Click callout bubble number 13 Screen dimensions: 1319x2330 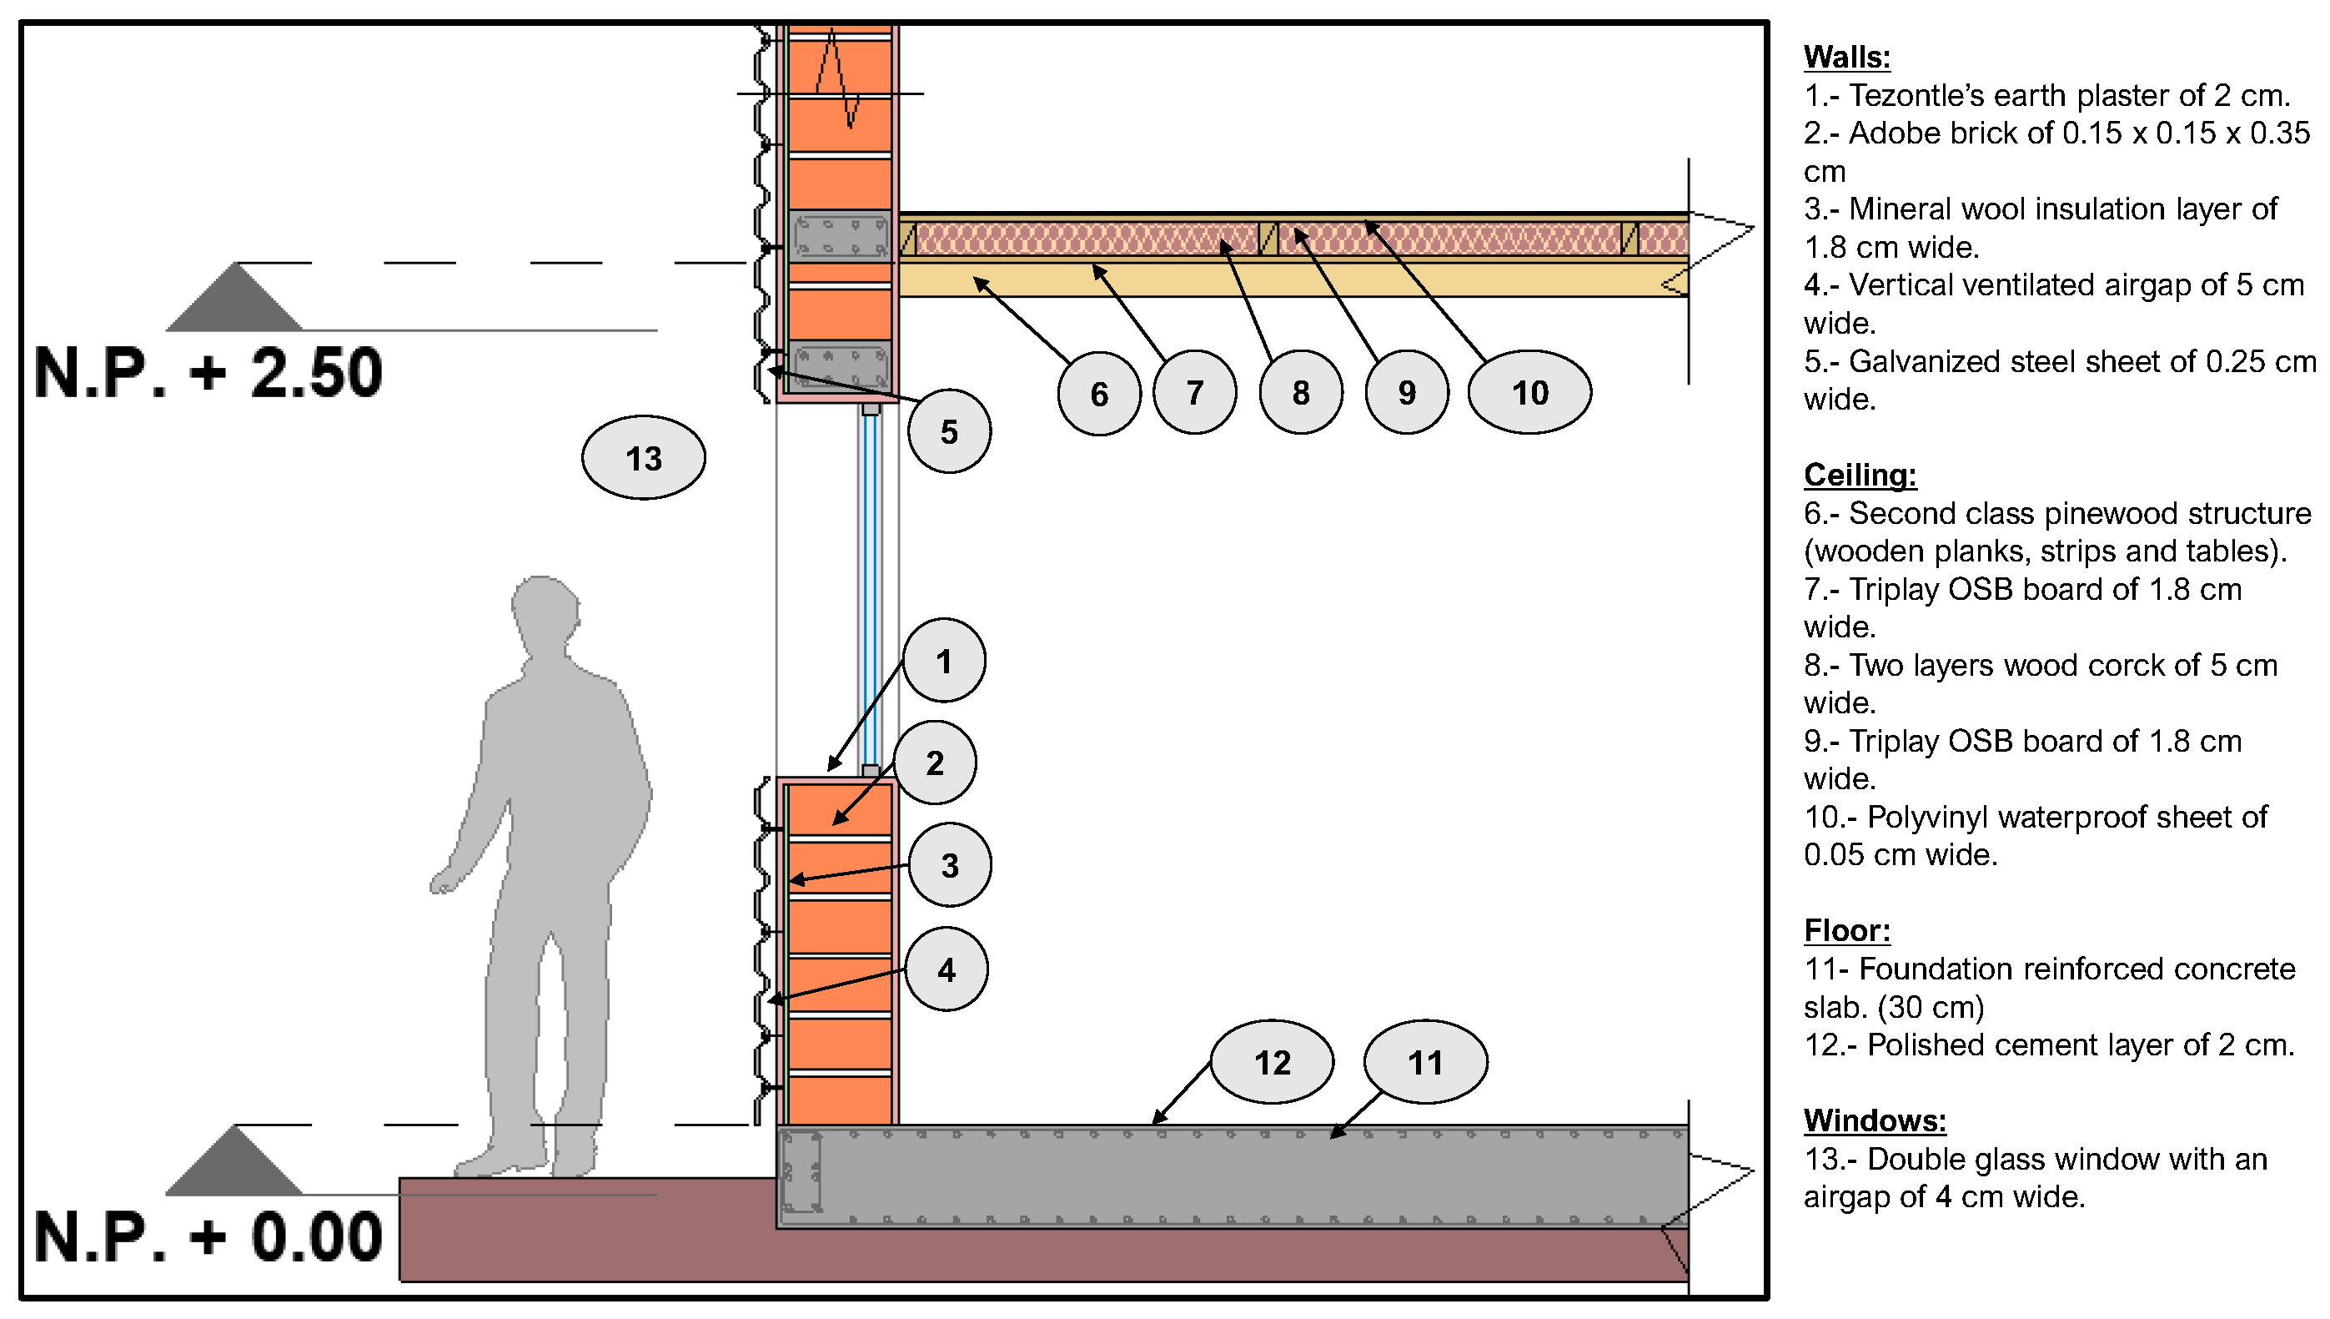[643, 457]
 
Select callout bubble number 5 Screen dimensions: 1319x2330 [948, 431]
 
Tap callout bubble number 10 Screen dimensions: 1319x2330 [1529, 392]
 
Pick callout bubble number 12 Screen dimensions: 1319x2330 [1272, 1062]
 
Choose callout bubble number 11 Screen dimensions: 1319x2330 [1424, 1062]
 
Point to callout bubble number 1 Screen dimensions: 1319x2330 [943, 661]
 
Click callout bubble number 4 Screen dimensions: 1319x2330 [946, 969]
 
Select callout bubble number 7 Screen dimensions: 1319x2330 [1194, 392]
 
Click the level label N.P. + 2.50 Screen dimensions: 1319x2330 [208, 372]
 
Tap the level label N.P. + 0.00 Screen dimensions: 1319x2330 [208, 1236]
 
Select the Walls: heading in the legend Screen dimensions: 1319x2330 [1846, 57]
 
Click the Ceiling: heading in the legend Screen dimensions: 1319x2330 [1860, 475]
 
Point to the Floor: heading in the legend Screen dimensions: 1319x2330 [1846, 930]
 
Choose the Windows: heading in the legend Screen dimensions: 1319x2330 [1875, 1120]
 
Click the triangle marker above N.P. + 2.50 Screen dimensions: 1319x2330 [235, 298]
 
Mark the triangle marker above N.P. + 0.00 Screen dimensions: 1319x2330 [235, 1161]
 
